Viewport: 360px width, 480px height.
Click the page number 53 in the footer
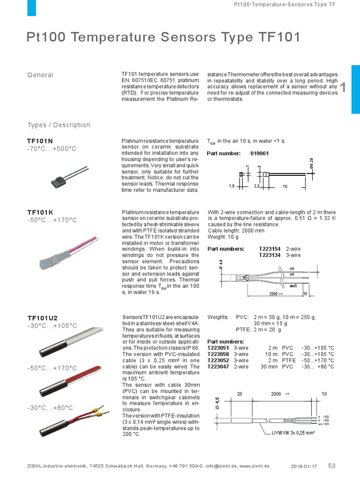[x=332, y=465]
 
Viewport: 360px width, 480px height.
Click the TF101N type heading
[x=40, y=141]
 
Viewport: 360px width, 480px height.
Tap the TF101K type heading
[x=40, y=212]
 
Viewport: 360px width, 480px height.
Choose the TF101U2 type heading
[x=42, y=317]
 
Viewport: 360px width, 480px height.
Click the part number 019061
[x=260, y=153]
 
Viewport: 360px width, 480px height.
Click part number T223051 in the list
[x=218, y=348]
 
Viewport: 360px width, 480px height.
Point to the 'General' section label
[x=40, y=75]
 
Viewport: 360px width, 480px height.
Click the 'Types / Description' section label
[x=59, y=125]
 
